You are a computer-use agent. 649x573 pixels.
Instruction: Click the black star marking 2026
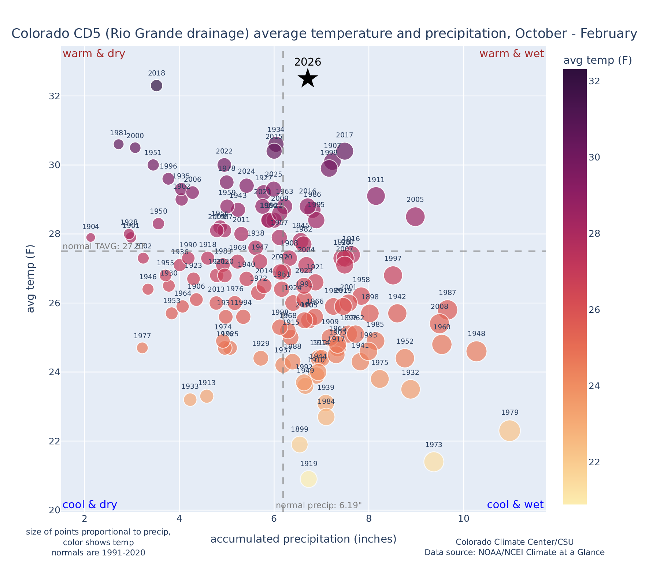coord(308,78)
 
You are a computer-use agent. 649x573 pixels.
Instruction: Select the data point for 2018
coord(156,86)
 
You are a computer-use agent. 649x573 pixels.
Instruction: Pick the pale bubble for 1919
coord(309,479)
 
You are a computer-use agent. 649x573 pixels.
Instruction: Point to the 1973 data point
coord(434,462)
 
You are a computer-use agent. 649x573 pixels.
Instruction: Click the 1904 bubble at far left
coord(90,237)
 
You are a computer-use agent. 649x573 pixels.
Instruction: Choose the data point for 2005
coord(415,217)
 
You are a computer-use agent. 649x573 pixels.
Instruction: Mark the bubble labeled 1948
coord(476,351)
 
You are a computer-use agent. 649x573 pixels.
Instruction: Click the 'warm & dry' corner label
coord(94,54)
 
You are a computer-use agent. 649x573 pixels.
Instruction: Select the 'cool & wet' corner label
coord(515,505)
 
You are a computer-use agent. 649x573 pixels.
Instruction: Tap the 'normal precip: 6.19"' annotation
coord(319,506)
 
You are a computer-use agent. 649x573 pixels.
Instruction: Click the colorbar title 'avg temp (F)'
coord(597,60)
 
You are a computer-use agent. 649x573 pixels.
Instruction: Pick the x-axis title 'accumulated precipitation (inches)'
coord(303,539)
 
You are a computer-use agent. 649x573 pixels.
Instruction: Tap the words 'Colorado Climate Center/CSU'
coord(514,542)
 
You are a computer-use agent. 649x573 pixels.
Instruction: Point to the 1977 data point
coord(142,348)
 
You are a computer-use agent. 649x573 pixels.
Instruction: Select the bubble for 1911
coord(376,196)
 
